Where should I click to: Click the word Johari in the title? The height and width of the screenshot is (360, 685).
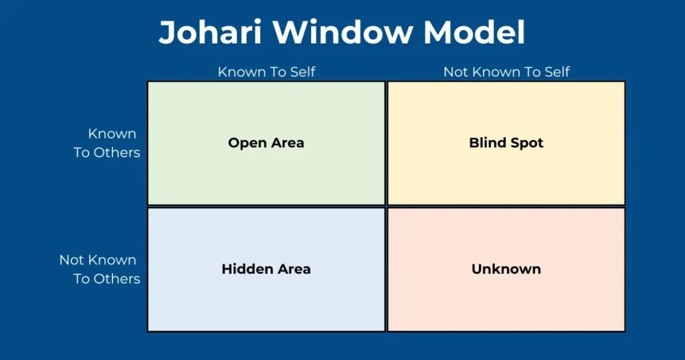coord(209,32)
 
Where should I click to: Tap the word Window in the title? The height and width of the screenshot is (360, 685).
coord(342,32)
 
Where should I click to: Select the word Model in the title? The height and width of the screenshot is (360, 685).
coord(474,32)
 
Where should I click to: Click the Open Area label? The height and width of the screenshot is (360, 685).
coord(266,143)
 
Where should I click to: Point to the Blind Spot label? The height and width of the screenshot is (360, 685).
coord(506,143)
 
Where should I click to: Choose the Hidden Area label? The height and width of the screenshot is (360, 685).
coord(266,269)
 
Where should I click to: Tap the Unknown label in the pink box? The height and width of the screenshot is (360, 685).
coord(506,269)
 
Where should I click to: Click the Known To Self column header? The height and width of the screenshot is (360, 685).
coord(266,72)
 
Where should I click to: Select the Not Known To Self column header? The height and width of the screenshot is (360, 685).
coord(506,72)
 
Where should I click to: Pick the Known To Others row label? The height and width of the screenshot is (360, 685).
coord(107,143)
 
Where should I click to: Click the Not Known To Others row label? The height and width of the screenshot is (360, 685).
coord(100,269)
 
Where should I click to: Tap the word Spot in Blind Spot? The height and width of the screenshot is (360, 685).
coord(525,143)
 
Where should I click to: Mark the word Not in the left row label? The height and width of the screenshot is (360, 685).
coord(70,260)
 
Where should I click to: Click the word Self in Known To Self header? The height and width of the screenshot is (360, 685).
coord(303,72)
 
